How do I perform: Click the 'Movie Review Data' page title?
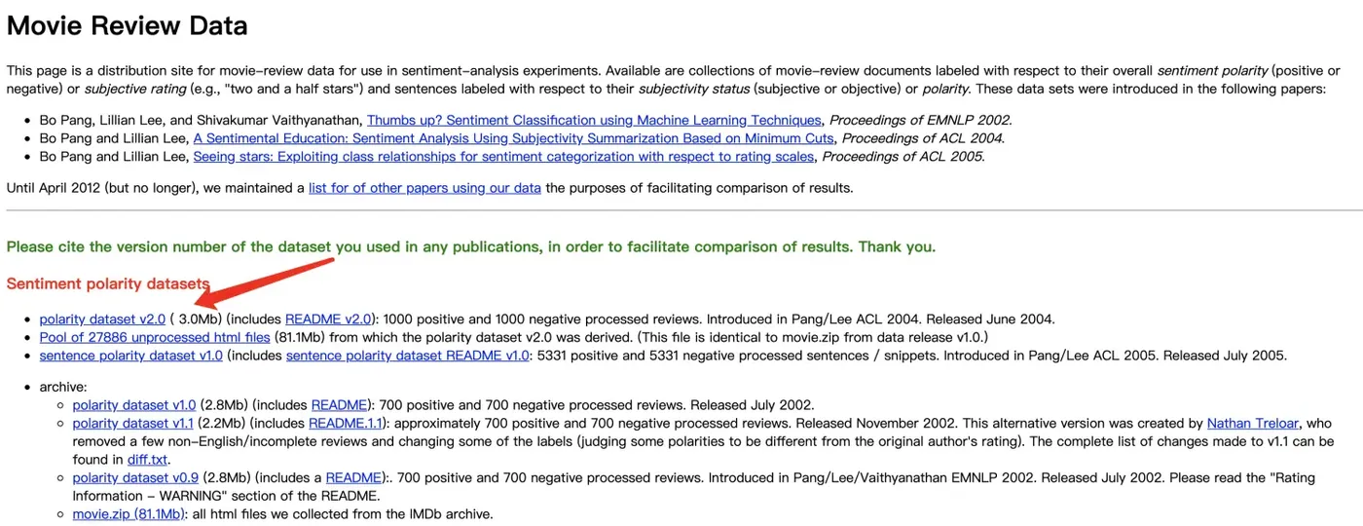(x=128, y=25)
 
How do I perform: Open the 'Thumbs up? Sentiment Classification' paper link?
(x=594, y=121)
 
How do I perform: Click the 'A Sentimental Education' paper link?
(x=516, y=138)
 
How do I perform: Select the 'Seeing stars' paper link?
(x=503, y=157)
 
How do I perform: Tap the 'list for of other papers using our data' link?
(x=424, y=188)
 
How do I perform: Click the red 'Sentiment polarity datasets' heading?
(x=108, y=283)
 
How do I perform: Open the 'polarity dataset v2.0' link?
(x=102, y=319)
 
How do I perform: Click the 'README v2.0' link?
(x=328, y=319)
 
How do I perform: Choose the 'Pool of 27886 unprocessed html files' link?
(x=155, y=337)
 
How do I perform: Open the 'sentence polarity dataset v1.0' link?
(x=130, y=356)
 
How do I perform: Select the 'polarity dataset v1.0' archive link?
(x=134, y=404)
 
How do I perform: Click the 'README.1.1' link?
(x=345, y=423)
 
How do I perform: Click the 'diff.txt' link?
(x=148, y=459)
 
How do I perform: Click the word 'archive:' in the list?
(x=63, y=387)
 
